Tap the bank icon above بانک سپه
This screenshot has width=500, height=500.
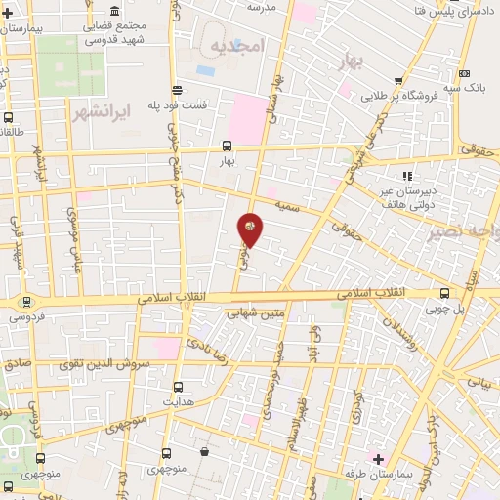point(463,74)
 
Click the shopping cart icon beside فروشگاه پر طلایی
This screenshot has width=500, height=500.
point(397,82)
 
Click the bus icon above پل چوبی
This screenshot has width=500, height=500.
point(445,293)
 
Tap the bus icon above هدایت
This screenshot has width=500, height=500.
point(178,387)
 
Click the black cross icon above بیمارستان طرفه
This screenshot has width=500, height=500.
point(378,458)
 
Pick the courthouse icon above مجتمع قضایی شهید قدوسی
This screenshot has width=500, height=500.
point(115,9)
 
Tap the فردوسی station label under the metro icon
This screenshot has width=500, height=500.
point(22,316)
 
